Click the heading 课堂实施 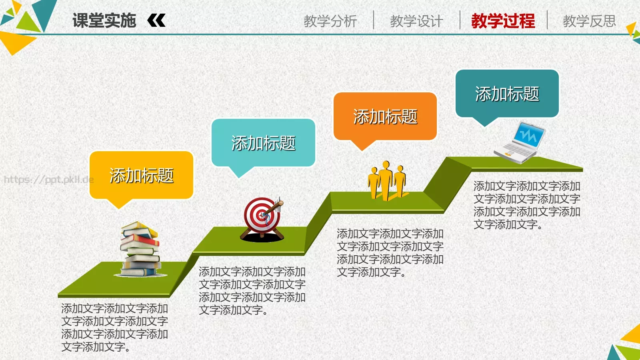(x=104, y=21)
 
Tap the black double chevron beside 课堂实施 (x=156, y=20)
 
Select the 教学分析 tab (x=330, y=21)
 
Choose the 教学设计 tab (x=416, y=21)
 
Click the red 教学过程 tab (x=503, y=21)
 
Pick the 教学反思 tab (x=589, y=21)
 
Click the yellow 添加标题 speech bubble (x=141, y=175)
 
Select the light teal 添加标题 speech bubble (x=263, y=143)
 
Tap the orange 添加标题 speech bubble (x=385, y=116)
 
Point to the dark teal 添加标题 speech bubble (x=507, y=94)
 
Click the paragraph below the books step (x=114, y=328)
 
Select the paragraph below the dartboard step (x=252, y=291)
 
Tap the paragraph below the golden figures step (x=390, y=253)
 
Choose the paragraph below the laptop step (x=527, y=205)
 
